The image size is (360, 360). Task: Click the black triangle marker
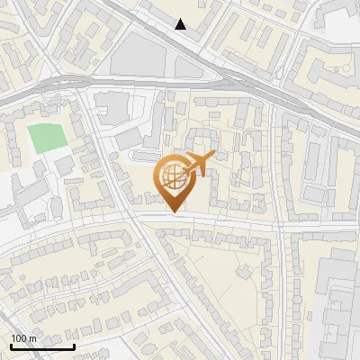pyautogui.click(x=181, y=24)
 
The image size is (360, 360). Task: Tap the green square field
pyautogui.click(x=47, y=138)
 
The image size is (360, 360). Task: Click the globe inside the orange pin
pyautogui.click(x=173, y=175)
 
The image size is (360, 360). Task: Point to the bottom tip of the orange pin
pyautogui.click(x=174, y=212)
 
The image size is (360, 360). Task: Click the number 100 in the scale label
pyautogui.click(x=19, y=337)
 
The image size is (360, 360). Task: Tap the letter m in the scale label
pyautogui.click(x=32, y=337)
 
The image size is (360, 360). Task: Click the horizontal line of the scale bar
pyautogui.click(x=41, y=346)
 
